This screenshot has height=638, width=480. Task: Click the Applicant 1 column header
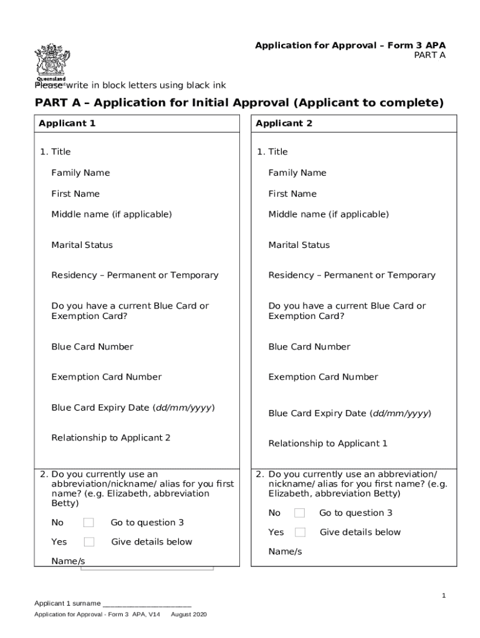pyautogui.click(x=67, y=123)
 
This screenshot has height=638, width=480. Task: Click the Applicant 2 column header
pyautogui.click(x=284, y=123)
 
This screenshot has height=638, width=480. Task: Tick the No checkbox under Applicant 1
pyautogui.click(x=89, y=522)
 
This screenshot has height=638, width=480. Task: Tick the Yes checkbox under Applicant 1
pyautogui.click(x=89, y=541)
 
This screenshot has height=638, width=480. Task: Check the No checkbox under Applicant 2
pyautogui.click(x=300, y=513)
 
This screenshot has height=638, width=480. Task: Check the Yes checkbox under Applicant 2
pyautogui.click(x=300, y=532)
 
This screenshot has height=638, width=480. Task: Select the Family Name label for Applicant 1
pyautogui.click(x=80, y=173)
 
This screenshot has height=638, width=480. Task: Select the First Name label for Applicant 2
pyautogui.click(x=292, y=194)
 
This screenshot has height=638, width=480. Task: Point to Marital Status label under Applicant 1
pyautogui.click(x=82, y=245)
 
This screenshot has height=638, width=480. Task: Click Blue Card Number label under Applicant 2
pyautogui.click(x=309, y=346)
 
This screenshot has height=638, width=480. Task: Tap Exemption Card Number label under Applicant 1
pyautogui.click(x=106, y=377)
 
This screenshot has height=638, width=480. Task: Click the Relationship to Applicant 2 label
pyautogui.click(x=110, y=437)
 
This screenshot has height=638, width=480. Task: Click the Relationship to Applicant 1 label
pyautogui.click(x=328, y=444)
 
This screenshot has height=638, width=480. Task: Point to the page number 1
pyautogui.click(x=444, y=596)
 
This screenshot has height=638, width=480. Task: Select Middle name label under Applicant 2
pyautogui.click(x=328, y=214)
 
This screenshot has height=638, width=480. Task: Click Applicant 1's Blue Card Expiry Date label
pyautogui.click(x=133, y=407)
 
